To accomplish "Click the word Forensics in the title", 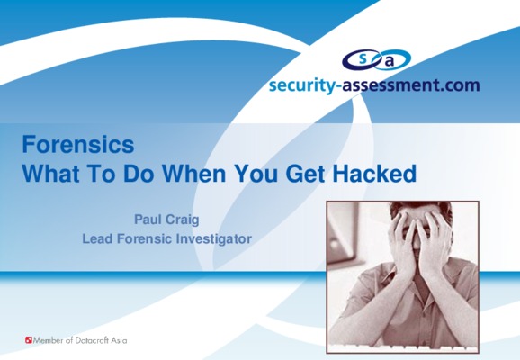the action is pyautogui.click(x=78, y=145).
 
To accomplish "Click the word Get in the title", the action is pyautogui.click(x=306, y=174).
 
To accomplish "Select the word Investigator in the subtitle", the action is pyautogui.click(x=213, y=239).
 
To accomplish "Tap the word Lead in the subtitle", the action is pyautogui.click(x=97, y=238).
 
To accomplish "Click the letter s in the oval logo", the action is pyautogui.click(x=363, y=58).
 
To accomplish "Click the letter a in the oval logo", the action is pyautogui.click(x=390, y=62).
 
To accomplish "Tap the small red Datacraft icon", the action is pyautogui.click(x=29, y=340).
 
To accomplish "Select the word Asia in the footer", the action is pyautogui.click(x=119, y=340).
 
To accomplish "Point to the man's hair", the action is pyautogui.click(x=421, y=207).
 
